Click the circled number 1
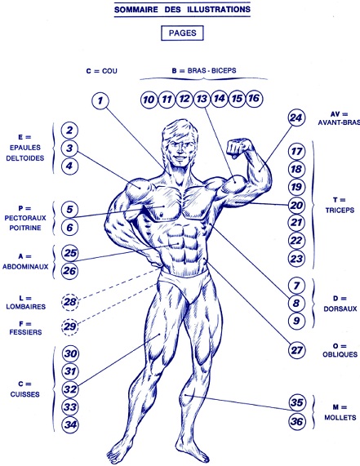(100, 100)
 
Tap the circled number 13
(202, 99)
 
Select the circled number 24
(296, 118)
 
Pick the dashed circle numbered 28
(70, 302)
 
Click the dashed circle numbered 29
(70, 326)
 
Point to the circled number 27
(296, 350)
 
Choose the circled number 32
(70, 389)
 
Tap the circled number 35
(296, 402)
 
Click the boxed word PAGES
(182, 33)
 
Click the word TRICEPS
(340, 210)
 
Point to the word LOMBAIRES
(26, 307)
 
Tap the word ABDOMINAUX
(25, 267)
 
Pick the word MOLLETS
(340, 418)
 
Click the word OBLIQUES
(340, 354)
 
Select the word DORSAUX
(340, 308)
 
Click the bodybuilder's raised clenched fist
(238, 147)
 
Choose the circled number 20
(296, 206)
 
